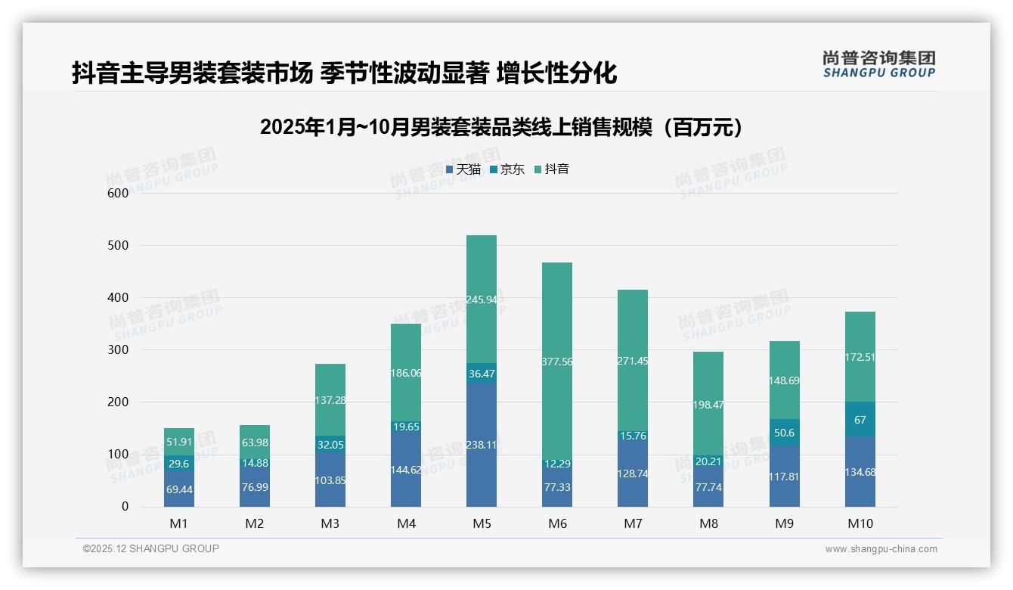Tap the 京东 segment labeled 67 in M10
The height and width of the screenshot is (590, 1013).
point(860,420)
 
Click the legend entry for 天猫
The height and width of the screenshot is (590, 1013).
point(463,169)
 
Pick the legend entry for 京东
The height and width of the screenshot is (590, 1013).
point(507,169)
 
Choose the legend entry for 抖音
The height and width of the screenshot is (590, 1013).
point(552,169)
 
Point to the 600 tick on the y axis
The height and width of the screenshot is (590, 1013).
point(119,193)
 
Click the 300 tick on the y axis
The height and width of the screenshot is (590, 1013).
point(119,350)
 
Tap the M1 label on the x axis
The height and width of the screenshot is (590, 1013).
point(179,523)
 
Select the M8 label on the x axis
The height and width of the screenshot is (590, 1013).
point(708,523)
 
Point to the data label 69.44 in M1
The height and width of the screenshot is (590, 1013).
point(179,489)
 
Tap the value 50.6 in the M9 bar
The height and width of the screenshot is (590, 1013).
point(784,433)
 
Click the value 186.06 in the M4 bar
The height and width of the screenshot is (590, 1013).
point(406,373)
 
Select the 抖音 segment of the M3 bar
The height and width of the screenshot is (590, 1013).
point(330,399)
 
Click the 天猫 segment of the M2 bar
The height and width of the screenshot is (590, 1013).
point(255,484)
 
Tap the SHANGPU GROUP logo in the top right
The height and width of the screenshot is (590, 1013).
point(878,64)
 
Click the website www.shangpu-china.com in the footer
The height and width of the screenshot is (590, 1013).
point(881,549)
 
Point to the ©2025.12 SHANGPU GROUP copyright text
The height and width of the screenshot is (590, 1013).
point(151,549)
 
